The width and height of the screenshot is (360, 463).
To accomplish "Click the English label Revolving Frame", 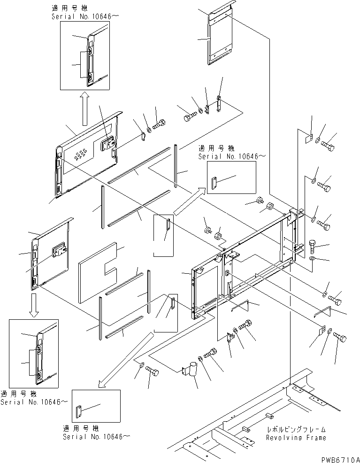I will pos(296,438).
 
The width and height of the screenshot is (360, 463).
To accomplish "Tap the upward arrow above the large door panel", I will pos(84,108).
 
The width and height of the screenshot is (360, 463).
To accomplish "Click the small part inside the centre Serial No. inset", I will pos(215,183).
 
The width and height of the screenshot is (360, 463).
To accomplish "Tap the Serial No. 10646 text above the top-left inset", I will pos(81,15).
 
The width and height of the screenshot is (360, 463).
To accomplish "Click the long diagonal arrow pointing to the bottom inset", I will pos(127,357).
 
